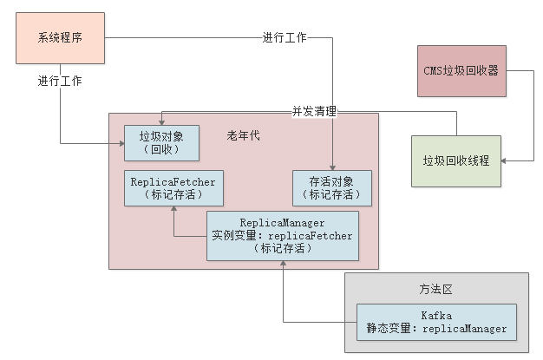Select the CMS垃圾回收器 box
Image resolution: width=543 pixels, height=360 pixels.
click(460, 71)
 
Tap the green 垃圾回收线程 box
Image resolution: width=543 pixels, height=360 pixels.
click(456, 160)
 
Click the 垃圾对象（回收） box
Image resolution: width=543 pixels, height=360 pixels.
click(161, 143)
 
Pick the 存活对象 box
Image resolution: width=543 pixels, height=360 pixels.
click(332, 187)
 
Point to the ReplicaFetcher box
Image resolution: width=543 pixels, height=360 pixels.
click(173, 187)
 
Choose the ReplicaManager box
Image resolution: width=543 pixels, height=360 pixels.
click(282, 235)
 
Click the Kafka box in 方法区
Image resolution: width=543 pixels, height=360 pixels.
click(436, 322)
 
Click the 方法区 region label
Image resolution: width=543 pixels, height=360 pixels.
click(436, 287)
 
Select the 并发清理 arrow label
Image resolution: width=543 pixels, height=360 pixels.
click(313, 112)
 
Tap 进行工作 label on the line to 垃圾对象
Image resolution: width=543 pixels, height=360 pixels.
click(61, 82)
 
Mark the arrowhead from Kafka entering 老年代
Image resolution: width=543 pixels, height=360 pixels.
click(282, 265)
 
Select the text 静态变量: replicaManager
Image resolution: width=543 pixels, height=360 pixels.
click(436, 329)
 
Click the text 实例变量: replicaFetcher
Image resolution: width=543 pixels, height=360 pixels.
click(282, 235)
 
